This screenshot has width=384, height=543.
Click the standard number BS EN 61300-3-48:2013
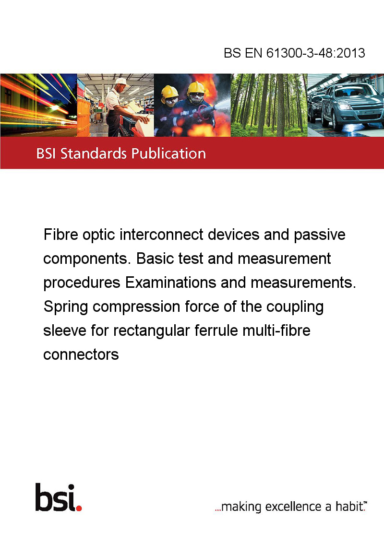click(x=294, y=53)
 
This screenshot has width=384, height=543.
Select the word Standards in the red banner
click(x=94, y=153)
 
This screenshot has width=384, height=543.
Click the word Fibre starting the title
click(x=60, y=235)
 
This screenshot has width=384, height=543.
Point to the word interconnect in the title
click(x=161, y=235)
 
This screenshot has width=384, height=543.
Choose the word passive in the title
click(x=320, y=235)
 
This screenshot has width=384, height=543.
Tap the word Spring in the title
click(x=66, y=307)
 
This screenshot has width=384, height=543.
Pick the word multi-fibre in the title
click(x=276, y=331)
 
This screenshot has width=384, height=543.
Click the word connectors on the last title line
click(x=81, y=355)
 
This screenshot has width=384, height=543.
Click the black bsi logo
click(x=56, y=497)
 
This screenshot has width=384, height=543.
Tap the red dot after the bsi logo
click(x=79, y=508)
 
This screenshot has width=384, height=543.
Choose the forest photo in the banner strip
click(x=269, y=105)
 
